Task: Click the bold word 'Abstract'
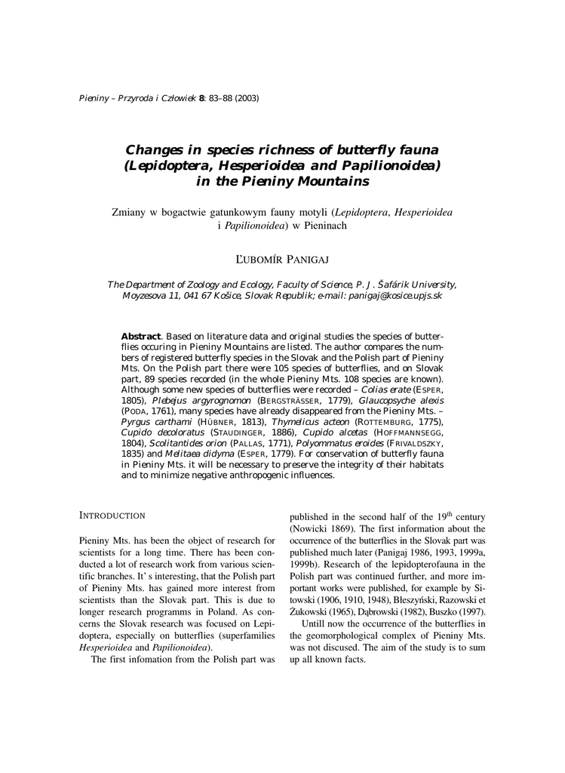[140, 335]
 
